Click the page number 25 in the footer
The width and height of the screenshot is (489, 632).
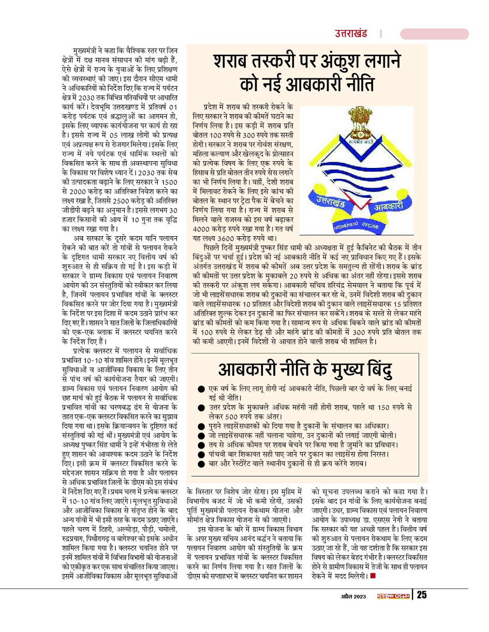pyautogui.click(x=422, y=595)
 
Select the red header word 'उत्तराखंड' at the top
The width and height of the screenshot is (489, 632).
pyautogui.click(x=350, y=34)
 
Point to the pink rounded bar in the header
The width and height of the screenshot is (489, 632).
pyautogui.click(x=434, y=34)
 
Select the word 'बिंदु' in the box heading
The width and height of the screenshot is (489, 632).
pyautogui.click(x=373, y=370)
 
